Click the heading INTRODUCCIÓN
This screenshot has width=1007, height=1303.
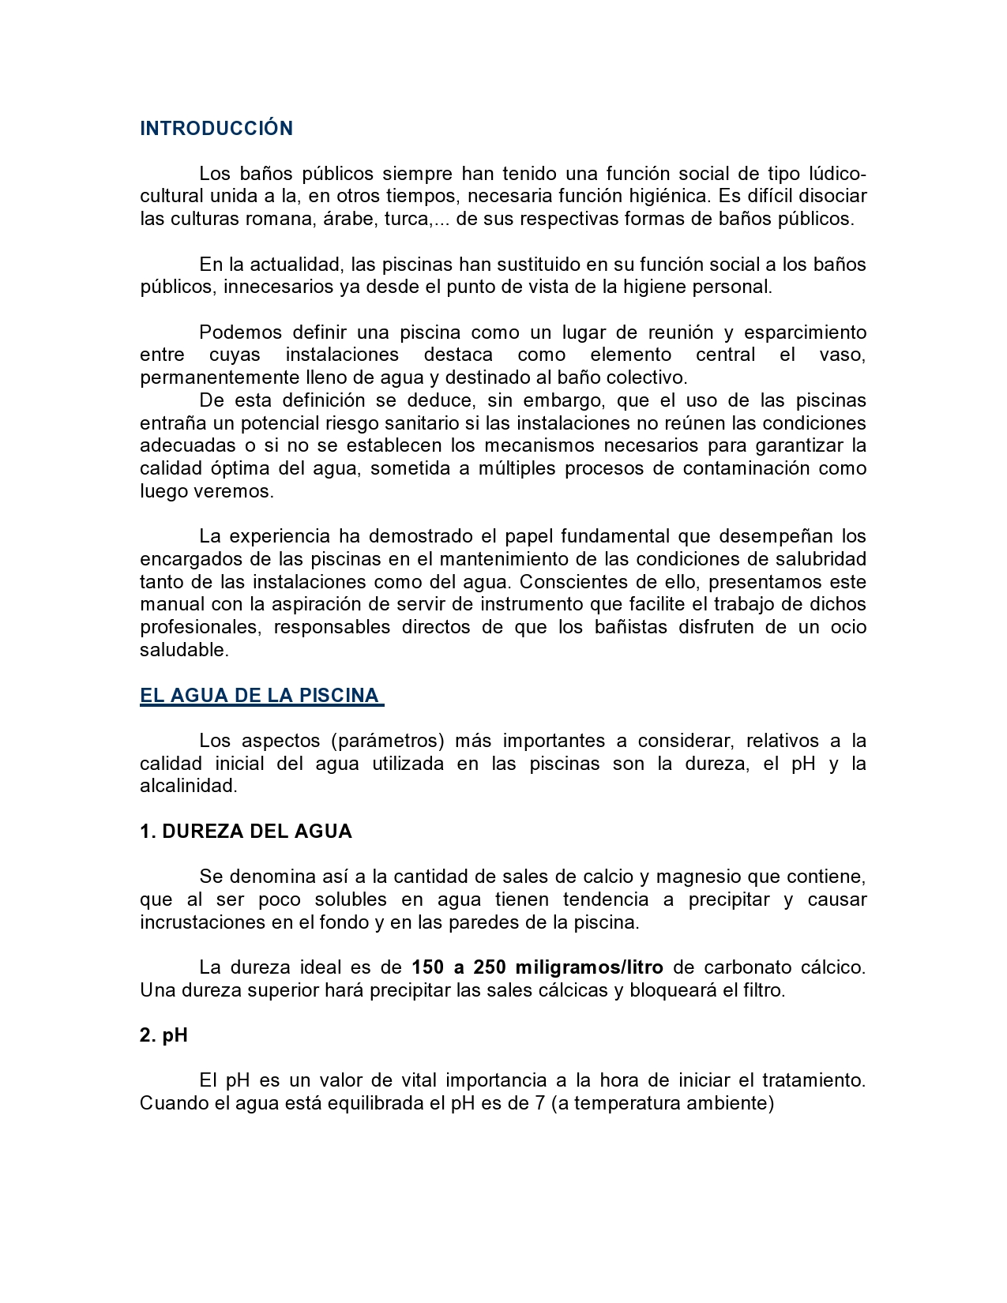click(216, 129)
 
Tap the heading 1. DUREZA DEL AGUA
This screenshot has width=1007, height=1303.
click(246, 832)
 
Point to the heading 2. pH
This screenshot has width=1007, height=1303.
click(163, 1035)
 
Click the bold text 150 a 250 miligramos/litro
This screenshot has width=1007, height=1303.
click(537, 967)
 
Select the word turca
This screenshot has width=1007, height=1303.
click(406, 219)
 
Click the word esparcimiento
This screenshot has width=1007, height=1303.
click(805, 332)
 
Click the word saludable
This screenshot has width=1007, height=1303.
click(183, 650)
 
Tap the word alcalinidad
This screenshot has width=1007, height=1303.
click(188, 786)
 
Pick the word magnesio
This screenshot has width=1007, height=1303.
click(697, 877)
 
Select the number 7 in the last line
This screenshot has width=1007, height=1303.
click(540, 1103)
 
